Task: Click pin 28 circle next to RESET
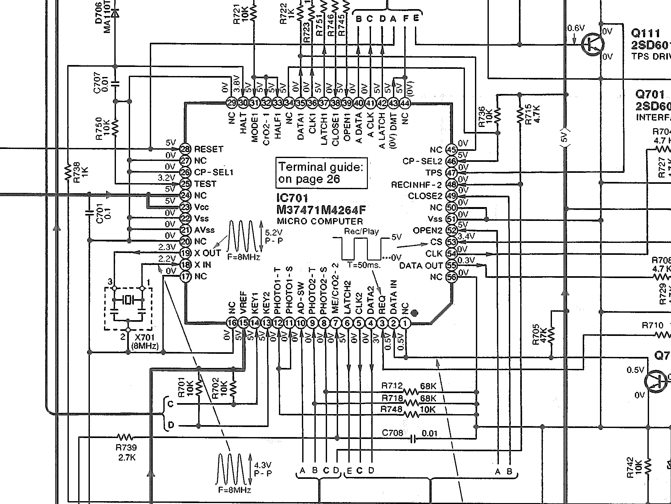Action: [185, 149]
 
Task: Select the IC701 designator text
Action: [292, 198]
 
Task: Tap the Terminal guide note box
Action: [321, 173]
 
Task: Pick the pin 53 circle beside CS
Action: [451, 242]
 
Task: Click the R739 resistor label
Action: [126, 447]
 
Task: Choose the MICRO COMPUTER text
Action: [320, 221]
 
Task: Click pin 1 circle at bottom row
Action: [405, 323]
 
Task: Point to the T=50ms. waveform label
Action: [364, 265]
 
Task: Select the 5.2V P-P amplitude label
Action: [274, 237]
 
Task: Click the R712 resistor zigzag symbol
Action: [411, 392]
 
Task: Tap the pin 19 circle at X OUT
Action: [185, 253]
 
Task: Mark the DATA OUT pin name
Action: [420, 266]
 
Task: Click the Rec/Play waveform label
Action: [361, 232]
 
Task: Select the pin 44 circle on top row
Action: [405, 103]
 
